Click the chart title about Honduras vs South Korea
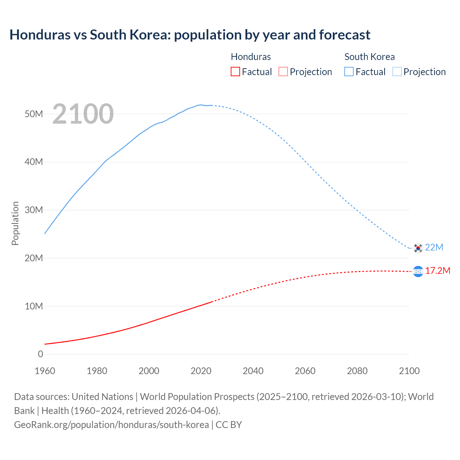click(190, 35)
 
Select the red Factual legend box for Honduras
click(235, 72)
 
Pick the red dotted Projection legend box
click(283, 72)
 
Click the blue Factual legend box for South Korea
click(349, 72)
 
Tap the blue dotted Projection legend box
click(397, 72)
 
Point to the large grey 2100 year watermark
click(83, 114)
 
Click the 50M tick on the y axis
click(34, 114)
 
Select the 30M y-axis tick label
click(34, 210)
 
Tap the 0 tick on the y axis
click(40, 354)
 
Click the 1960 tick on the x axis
click(45, 371)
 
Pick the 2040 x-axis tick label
click(253, 371)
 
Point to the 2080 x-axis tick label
click(357, 371)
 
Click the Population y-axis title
click(15, 223)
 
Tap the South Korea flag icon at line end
click(418, 248)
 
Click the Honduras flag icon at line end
click(418, 272)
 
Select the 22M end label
click(434, 247)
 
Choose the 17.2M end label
click(438, 271)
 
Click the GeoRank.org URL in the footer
click(111, 424)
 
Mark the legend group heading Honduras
click(251, 57)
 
